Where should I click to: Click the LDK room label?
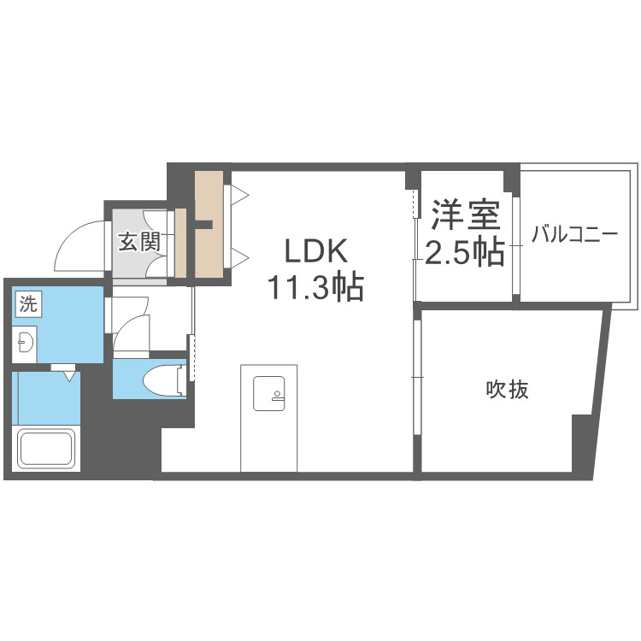(x=316, y=252)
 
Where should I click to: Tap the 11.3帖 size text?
(x=316, y=287)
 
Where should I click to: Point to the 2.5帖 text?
(x=465, y=252)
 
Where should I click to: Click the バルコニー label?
(x=573, y=234)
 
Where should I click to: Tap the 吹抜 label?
(x=508, y=390)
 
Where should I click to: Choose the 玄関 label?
(x=138, y=242)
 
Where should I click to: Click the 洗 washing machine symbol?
(x=28, y=303)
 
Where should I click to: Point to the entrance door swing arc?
(x=79, y=243)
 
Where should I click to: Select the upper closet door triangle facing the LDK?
(x=240, y=196)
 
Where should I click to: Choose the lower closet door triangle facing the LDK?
(x=240, y=256)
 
